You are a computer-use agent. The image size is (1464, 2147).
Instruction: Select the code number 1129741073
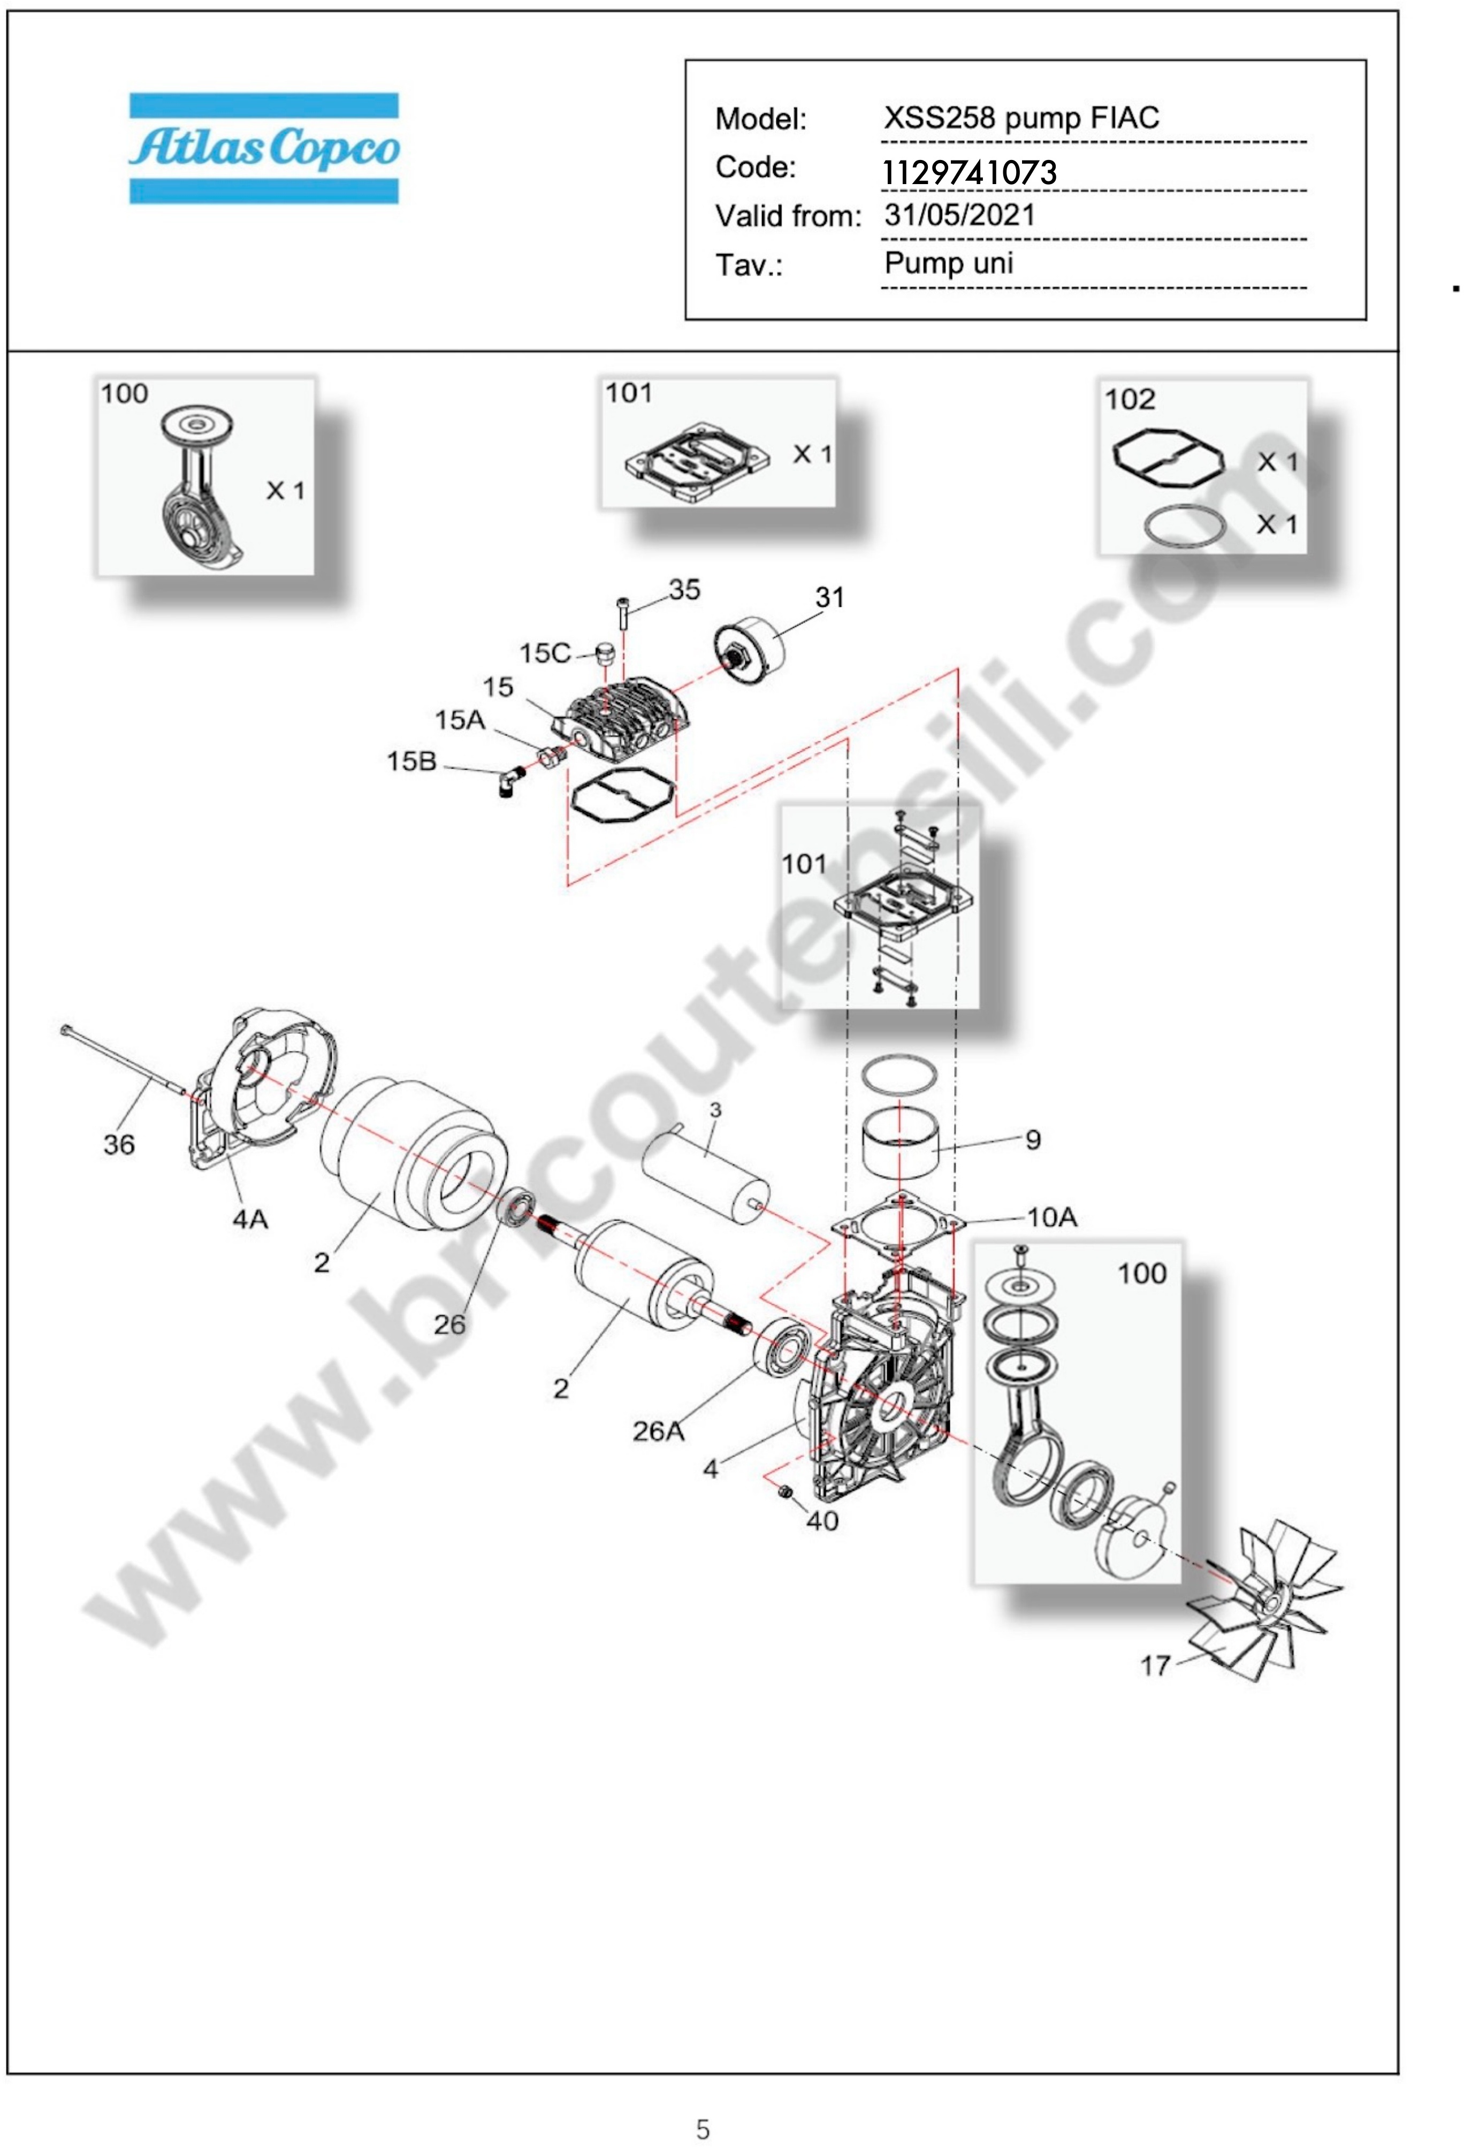point(969,172)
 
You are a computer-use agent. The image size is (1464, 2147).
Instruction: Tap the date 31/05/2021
point(960,215)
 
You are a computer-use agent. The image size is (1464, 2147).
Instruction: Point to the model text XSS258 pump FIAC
point(1020,118)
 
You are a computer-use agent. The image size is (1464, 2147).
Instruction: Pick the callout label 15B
point(411,761)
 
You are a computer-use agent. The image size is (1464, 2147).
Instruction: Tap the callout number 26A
point(659,1431)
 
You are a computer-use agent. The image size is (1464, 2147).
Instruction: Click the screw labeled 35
point(622,613)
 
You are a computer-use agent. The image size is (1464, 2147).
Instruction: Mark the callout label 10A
point(1052,1217)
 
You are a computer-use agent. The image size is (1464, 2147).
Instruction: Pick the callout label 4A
point(249,1220)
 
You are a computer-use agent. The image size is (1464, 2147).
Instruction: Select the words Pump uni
point(949,263)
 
